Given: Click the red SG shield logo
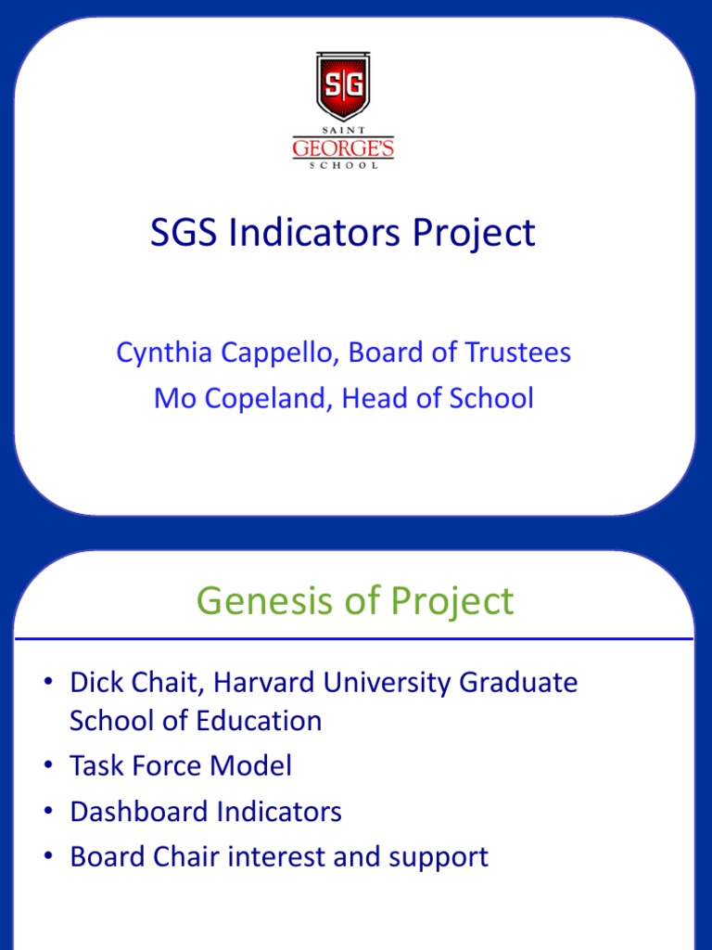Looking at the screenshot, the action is [343, 85].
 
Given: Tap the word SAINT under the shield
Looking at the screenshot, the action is [343, 130].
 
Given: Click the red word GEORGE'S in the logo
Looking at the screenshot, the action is [343, 148].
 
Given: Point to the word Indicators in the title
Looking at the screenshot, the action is [314, 232].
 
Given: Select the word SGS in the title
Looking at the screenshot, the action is [184, 232].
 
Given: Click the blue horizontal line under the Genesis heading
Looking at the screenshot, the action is [354, 638].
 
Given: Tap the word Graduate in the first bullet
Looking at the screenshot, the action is [518, 682].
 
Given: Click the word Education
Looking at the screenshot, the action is [259, 721].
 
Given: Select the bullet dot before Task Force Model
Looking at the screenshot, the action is [48, 765].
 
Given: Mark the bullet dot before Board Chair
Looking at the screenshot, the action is [48, 856].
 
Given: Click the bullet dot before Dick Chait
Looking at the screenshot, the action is [48, 681].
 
